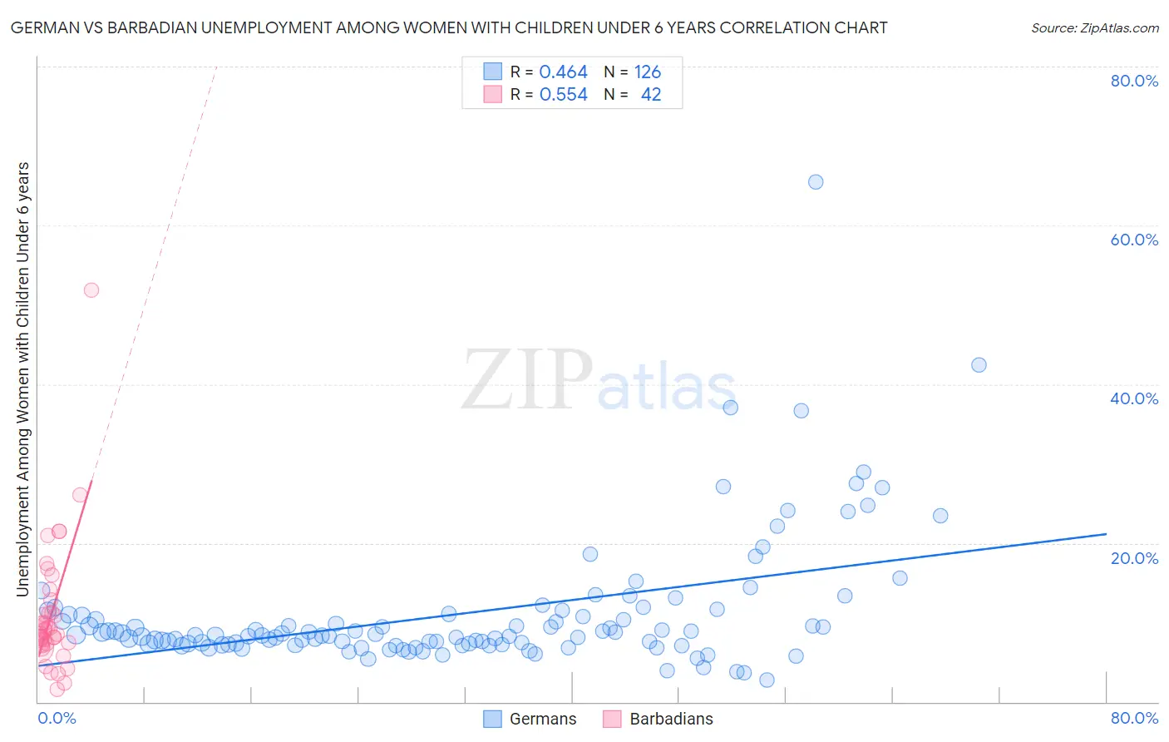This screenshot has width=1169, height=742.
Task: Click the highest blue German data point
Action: coord(816,182)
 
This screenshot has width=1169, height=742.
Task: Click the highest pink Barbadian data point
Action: coord(91,290)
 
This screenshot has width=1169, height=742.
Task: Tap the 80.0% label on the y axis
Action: coord(1134,81)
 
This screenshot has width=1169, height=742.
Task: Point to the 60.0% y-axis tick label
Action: coord(1134,240)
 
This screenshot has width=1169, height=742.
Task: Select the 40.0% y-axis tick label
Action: coord(1134,398)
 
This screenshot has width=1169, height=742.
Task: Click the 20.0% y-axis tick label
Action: coord(1134,557)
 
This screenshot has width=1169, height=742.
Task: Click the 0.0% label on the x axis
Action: coord(57,718)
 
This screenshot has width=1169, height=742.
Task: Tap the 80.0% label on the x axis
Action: coord(1134,718)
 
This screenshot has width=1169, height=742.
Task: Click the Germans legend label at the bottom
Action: coord(542,719)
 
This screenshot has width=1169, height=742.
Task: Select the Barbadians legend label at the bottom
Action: coord(671,719)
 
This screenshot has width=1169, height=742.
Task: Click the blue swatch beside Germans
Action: coord(493,719)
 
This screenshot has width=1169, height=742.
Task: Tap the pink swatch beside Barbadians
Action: coord(612,719)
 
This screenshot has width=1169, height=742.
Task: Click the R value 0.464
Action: coord(563,72)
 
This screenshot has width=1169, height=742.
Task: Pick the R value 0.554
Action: coord(563,95)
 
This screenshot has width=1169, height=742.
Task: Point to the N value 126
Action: coord(648,72)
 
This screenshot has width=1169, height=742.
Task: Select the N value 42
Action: coord(651,95)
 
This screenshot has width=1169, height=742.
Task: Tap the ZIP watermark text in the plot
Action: coord(527,381)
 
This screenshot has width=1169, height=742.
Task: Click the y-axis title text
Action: coord(23,378)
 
